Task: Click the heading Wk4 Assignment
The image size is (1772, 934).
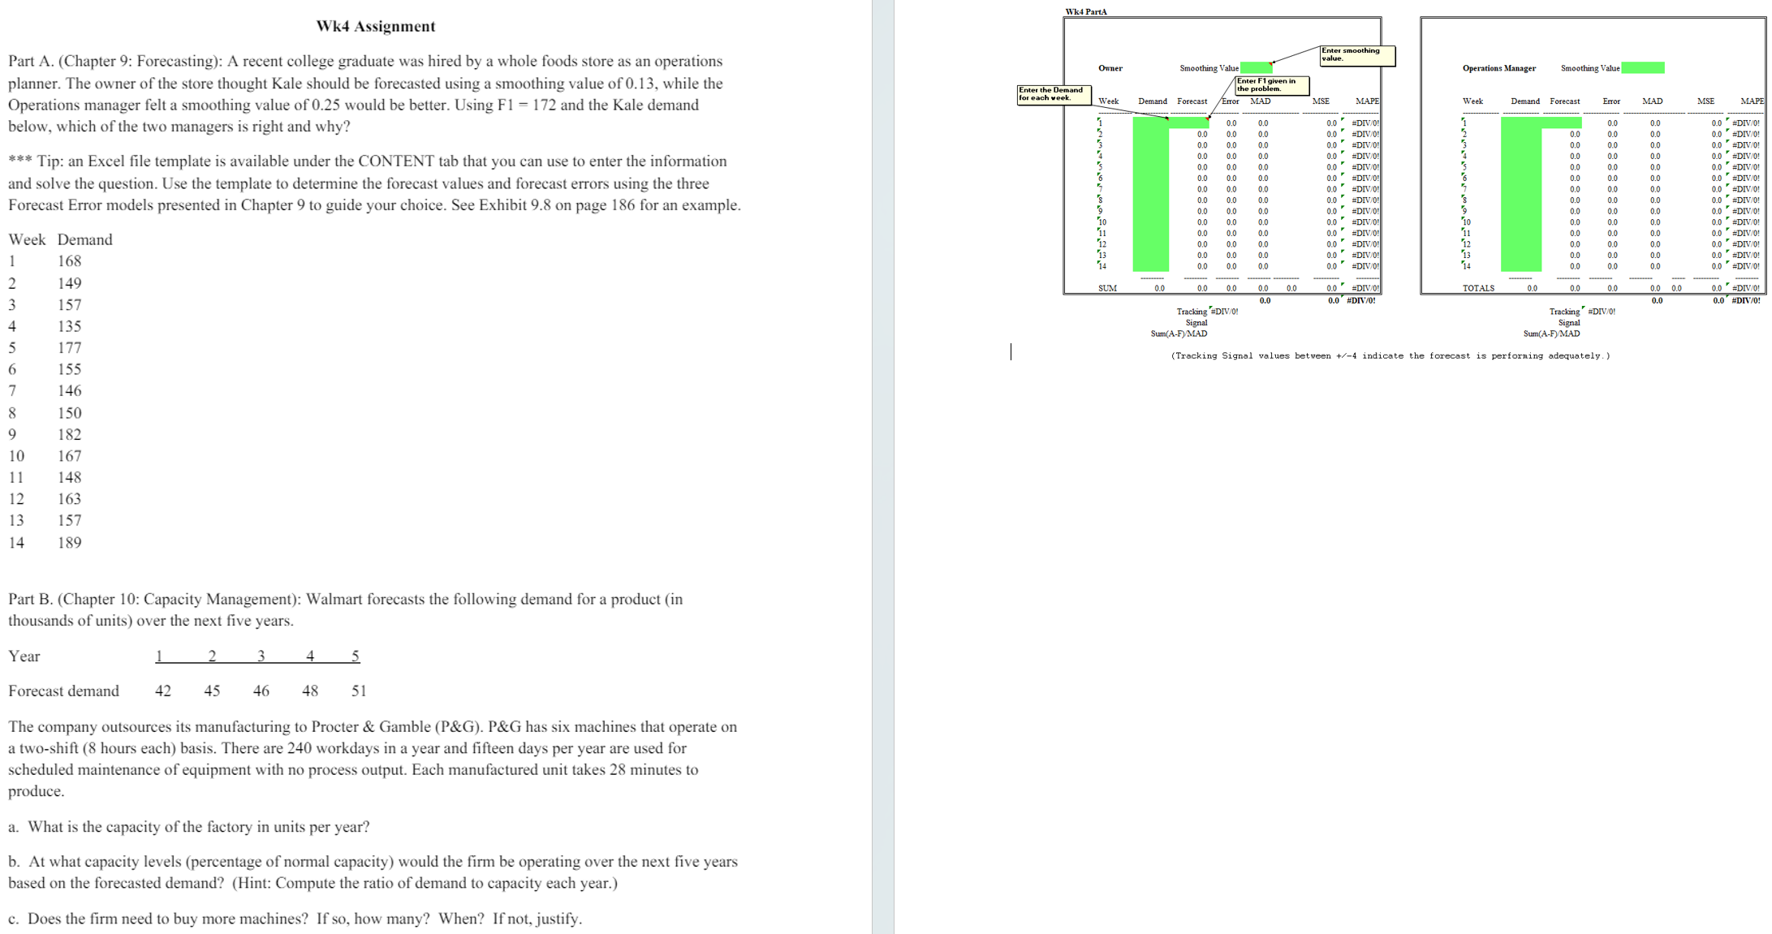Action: (x=375, y=26)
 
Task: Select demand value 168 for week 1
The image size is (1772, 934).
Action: (x=69, y=261)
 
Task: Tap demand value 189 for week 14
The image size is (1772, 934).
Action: (x=69, y=542)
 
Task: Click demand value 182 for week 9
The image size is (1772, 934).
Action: (x=69, y=434)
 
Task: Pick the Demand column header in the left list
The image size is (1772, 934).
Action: (x=84, y=239)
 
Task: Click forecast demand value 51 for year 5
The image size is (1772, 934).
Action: (x=359, y=691)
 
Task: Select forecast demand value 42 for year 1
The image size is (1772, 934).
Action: (x=163, y=691)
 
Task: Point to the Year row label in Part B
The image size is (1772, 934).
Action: (x=24, y=656)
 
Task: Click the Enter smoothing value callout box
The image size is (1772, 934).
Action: (x=1356, y=54)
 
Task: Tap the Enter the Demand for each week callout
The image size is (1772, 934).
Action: (x=1053, y=93)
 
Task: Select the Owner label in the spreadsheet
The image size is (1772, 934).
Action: (x=1110, y=68)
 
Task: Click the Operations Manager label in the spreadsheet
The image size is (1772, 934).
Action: (x=1498, y=68)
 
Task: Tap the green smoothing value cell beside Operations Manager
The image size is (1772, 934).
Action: (x=1642, y=68)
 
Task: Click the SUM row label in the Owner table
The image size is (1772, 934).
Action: (x=1107, y=288)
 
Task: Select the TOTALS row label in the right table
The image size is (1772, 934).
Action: (x=1478, y=288)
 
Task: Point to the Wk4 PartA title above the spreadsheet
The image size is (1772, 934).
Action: (x=1085, y=11)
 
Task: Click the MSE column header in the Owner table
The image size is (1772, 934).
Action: (x=1321, y=101)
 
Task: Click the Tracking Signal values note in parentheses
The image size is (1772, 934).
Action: (x=1390, y=355)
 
